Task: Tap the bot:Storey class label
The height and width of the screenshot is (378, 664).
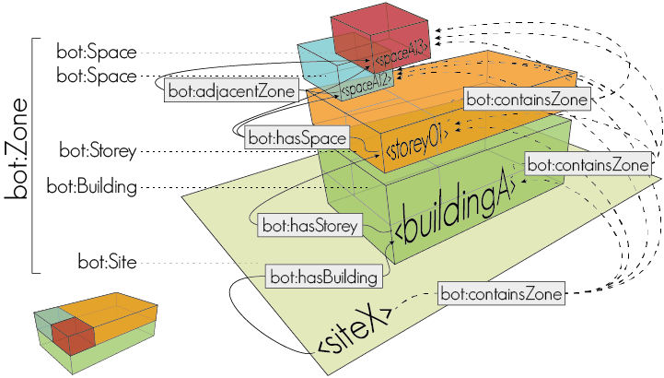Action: (98, 149)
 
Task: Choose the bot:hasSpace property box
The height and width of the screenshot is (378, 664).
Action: (297, 138)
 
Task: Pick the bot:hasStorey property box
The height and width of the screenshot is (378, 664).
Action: (310, 224)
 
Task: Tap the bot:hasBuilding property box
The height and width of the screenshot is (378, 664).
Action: (323, 276)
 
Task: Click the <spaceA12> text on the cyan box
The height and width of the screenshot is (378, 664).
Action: (367, 85)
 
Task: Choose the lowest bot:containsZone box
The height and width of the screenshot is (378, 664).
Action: (501, 294)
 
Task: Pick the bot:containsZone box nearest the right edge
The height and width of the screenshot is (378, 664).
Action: (588, 164)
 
